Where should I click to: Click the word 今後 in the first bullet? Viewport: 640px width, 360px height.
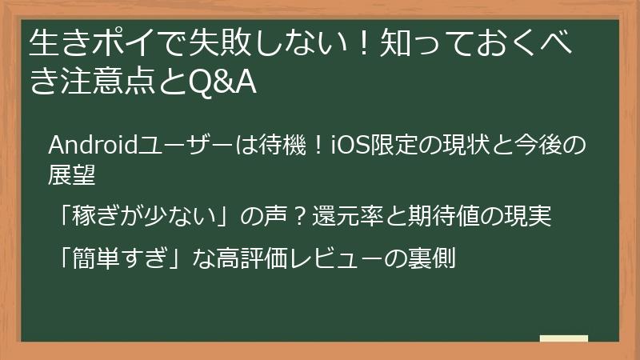pyautogui.click(x=554, y=146)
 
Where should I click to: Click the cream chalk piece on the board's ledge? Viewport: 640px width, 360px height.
pyautogui.click(x=563, y=338)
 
